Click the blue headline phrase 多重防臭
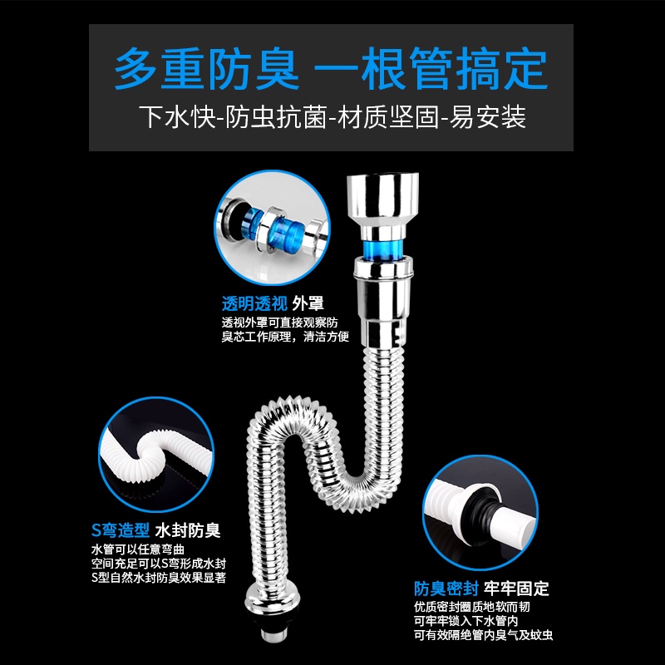point(207,69)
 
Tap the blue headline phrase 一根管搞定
point(431,69)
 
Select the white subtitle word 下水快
point(178,117)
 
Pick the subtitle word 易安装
point(488,117)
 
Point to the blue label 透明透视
point(254,303)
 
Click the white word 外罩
point(308,303)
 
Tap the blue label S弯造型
point(121,530)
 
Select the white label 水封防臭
point(188,530)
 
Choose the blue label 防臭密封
point(446,589)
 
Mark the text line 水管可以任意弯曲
point(138,549)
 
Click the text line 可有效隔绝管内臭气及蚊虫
point(484,635)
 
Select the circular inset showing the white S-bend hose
point(156,454)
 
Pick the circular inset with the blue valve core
point(273,227)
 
